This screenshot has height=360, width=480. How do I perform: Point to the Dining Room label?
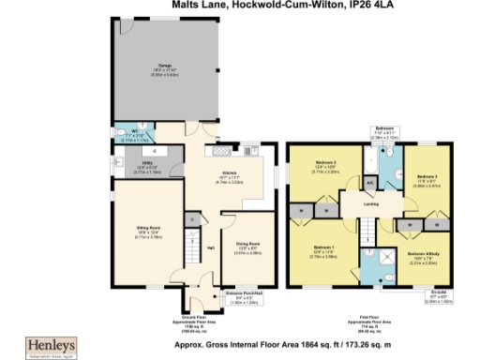click(x=235, y=224)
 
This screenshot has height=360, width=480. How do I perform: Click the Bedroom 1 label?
click(x=324, y=250)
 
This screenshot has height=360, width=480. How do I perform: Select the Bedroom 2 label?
click(x=324, y=169)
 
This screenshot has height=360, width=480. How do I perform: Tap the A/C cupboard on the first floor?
click(x=369, y=181)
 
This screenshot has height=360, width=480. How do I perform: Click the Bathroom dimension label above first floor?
click(x=385, y=131)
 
